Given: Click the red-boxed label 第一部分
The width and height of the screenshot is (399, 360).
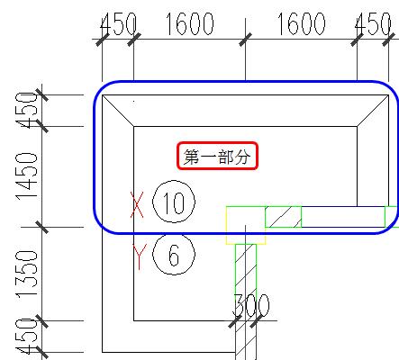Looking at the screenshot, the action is click(x=217, y=156).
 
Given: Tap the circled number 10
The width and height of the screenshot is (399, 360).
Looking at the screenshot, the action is click(x=174, y=202).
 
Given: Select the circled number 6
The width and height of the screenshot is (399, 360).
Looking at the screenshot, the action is click(x=174, y=255).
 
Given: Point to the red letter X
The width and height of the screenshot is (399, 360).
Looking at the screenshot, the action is click(x=137, y=204).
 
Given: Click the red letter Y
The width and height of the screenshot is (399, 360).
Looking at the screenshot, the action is click(x=140, y=256).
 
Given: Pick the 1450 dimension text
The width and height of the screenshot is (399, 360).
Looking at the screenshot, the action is click(x=27, y=176).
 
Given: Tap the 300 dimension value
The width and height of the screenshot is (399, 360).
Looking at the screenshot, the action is click(x=251, y=305).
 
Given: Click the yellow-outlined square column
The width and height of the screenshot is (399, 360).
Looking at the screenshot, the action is click(x=246, y=225).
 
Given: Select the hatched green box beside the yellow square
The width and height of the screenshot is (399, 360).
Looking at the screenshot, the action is click(x=284, y=217).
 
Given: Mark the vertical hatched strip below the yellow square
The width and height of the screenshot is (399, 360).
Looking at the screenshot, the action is click(x=246, y=301).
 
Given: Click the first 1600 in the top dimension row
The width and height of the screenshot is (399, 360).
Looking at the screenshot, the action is click(x=190, y=24).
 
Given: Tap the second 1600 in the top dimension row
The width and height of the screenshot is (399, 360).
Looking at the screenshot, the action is click(x=301, y=24).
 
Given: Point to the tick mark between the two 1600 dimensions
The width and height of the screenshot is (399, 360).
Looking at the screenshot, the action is click(x=246, y=40).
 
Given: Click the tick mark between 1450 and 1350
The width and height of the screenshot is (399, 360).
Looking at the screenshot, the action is click(x=42, y=227).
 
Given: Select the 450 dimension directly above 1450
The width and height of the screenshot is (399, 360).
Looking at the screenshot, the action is click(x=27, y=111).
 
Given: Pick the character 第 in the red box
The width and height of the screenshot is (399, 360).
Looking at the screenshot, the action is click(x=191, y=157).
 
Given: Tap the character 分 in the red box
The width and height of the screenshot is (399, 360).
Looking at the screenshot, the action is click(x=242, y=157).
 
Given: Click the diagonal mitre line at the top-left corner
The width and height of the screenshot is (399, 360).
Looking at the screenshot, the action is click(x=118, y=111).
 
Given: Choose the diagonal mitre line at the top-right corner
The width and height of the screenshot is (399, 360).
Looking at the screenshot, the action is click(x=373, y=111).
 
